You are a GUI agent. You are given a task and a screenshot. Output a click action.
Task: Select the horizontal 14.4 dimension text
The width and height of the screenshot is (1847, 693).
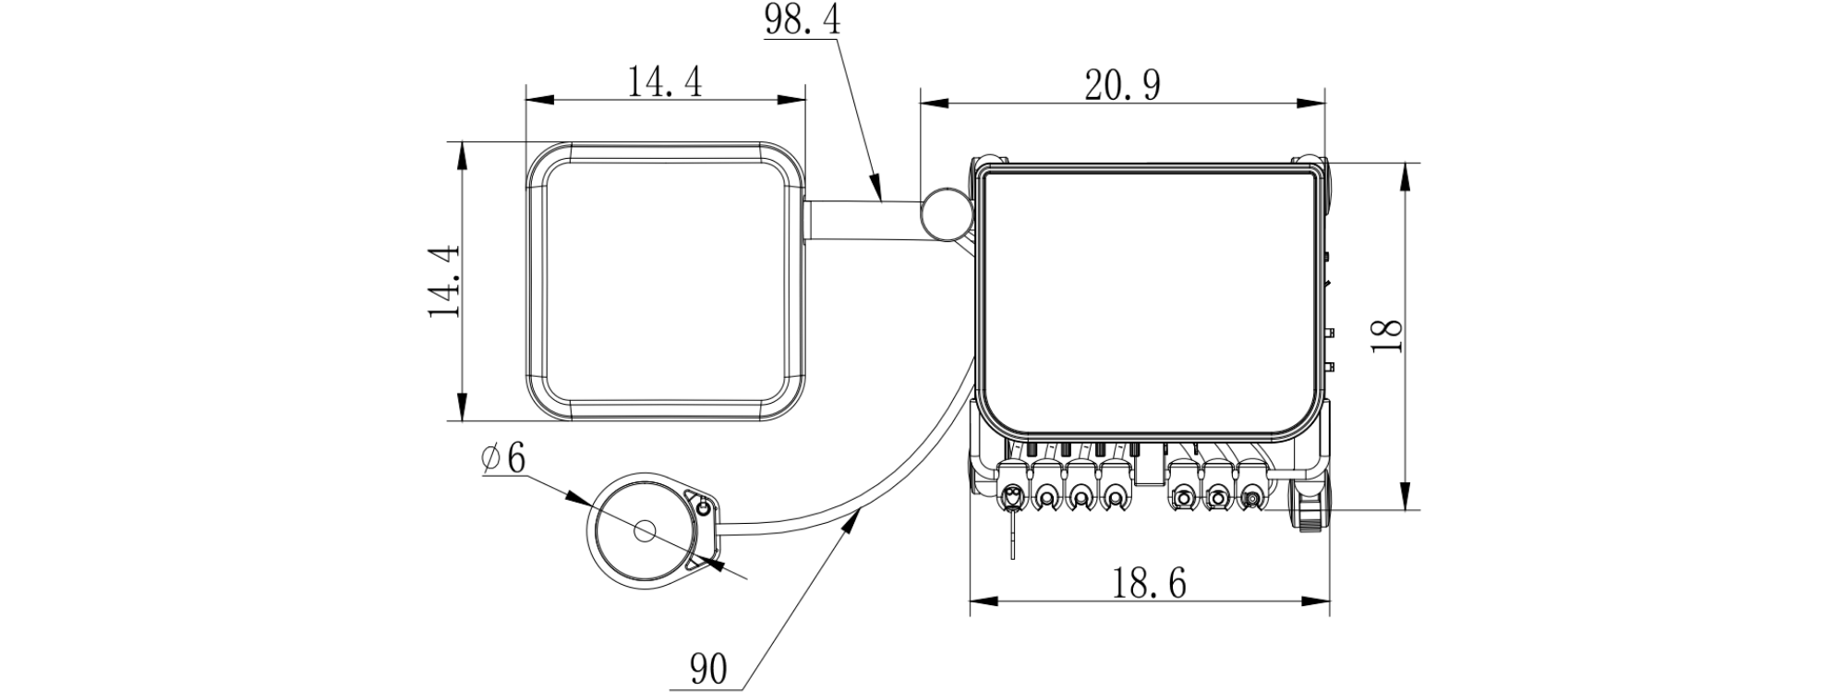coord(665,81)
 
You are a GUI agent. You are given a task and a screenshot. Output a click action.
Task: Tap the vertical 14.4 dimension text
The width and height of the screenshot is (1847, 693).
coord(444,282)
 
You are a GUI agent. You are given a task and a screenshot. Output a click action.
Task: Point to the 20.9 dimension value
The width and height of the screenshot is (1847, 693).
coord(1123,86)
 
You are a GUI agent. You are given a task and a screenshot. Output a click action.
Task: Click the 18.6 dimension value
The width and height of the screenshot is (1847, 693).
coord(1149,583)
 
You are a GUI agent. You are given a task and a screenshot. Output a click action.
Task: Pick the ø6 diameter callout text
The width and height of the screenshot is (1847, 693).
coord(503,457)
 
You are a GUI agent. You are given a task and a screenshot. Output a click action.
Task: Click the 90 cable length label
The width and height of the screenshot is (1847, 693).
coord(708,668)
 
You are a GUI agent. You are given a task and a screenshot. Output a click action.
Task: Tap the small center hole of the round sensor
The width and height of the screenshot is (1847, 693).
coord(644,531)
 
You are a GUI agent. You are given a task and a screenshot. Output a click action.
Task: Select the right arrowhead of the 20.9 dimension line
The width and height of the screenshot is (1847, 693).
coord(1310,104)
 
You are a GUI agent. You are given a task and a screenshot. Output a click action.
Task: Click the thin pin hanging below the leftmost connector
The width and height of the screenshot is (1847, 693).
coord(1013,540)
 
